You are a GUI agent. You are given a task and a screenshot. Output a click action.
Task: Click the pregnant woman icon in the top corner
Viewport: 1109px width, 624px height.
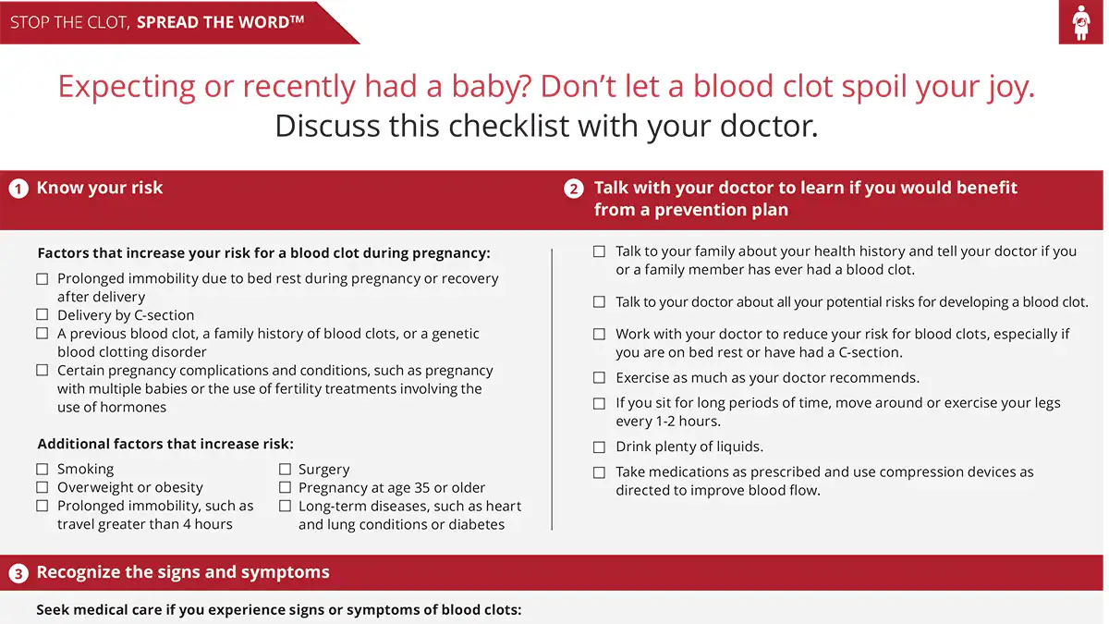click(1080, 22)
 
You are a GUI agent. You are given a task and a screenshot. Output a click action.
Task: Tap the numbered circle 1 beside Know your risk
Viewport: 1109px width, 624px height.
click(18, 189)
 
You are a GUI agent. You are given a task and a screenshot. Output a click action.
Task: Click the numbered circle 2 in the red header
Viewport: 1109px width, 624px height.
click(574, 189)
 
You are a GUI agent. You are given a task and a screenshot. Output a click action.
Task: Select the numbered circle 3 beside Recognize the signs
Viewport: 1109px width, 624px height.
click(18, 573)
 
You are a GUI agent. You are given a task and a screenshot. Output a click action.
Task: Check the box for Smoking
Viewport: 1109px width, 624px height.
click(42, 470)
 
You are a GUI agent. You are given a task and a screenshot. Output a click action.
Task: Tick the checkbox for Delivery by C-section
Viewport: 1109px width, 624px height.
click(42, 315)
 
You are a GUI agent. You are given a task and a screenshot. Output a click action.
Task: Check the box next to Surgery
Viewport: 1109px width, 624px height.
click(285, 470)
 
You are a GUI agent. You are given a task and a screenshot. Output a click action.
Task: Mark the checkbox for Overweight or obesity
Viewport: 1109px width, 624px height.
click(42, 487)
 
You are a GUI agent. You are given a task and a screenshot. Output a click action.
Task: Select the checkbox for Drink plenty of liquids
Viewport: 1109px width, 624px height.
click(599, 447)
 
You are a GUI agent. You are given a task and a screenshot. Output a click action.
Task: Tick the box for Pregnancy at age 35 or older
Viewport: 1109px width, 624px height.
click(285, 487)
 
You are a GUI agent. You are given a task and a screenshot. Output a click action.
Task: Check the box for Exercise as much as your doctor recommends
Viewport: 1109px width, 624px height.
click(599, 378)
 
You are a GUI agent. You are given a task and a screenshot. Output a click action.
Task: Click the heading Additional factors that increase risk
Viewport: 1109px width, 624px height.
click(165, 444)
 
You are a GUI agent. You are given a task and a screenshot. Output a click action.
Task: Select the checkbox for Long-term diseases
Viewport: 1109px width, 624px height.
click(285, 507)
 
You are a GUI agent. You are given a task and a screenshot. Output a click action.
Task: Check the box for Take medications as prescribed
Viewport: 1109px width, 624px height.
click(599, 472)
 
